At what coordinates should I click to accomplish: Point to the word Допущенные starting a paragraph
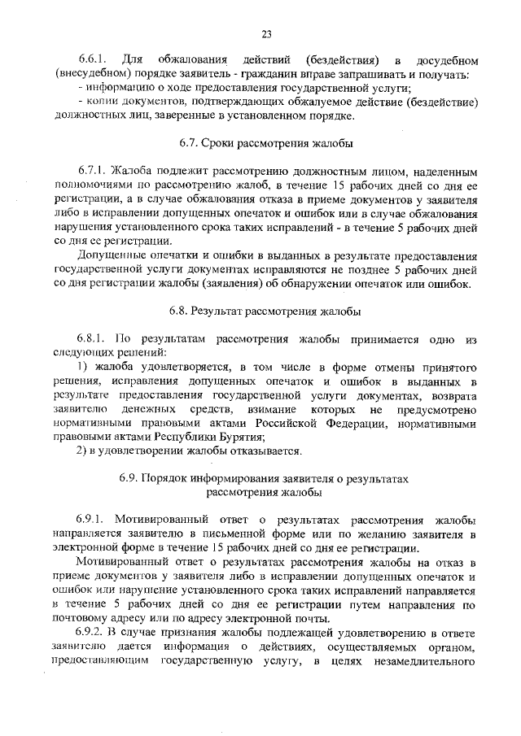pos(112,256)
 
